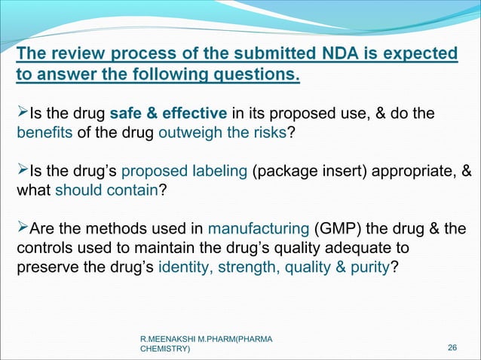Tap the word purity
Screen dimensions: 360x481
(367, 267)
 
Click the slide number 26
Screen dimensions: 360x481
(452, 347)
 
